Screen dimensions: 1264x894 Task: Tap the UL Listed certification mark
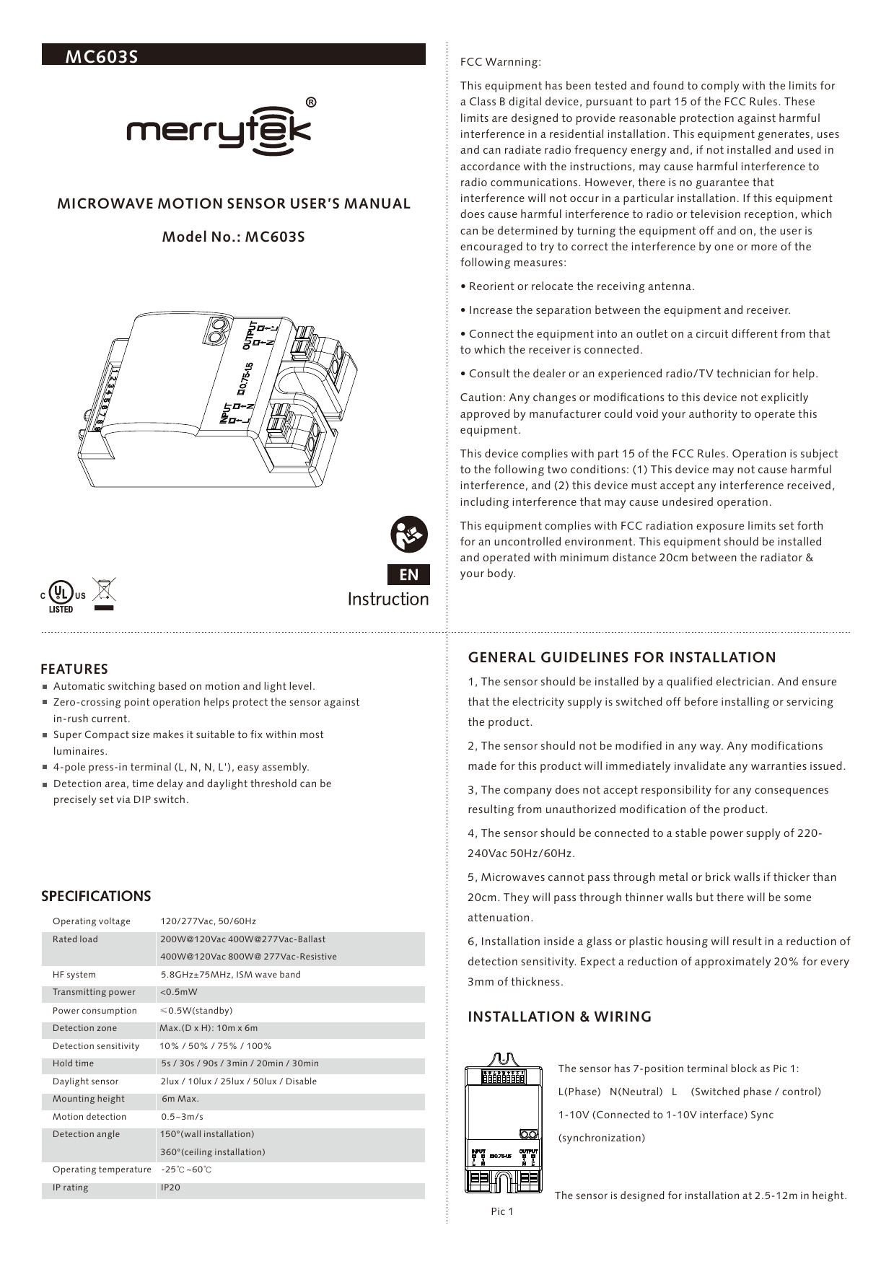[62, 596]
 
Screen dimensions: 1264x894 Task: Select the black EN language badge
[408, 574]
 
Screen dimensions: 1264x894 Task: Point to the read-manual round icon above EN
[409, 535]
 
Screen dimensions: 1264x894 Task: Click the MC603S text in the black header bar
[101, 56]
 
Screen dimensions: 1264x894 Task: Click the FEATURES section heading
[74, 669]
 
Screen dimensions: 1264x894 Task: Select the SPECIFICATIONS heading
[96, 896]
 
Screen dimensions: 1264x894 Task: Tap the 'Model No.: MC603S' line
[233, 237]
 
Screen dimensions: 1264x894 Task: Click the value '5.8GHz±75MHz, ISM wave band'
[230, 975]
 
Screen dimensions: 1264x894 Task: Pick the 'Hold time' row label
[73, 1063]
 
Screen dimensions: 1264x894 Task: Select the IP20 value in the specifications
[170, 1188]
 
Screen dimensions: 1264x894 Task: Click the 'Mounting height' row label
[88, 1099]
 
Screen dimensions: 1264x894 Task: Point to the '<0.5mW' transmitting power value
[178, 992]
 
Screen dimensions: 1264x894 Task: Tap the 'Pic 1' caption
[501, 1211]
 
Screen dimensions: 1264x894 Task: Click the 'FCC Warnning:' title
[500, 62]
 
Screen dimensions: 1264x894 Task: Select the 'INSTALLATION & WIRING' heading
[559, 1017]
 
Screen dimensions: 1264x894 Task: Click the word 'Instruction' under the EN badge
[387, 599]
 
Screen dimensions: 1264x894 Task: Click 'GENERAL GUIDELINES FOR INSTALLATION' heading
[621, 657]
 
